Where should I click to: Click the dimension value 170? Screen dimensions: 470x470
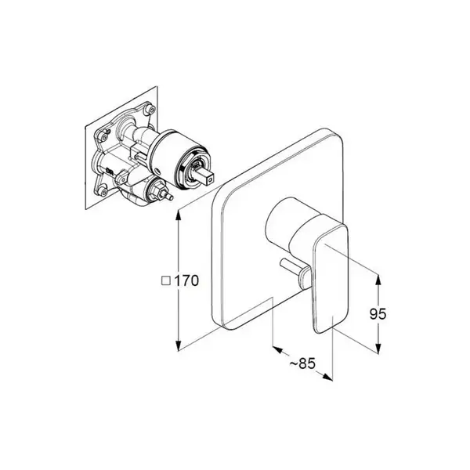pyautogui.click(x=186, y=281)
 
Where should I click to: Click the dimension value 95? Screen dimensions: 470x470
pyautogui.click(x=378, y=314)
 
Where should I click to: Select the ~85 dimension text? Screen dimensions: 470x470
pyautogui.click(x=302, y=363)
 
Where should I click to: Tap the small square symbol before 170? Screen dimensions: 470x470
pyautogui.click(x=166, y=281)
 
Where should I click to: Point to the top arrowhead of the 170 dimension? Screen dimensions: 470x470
pyautogui.click(x=179, y=215)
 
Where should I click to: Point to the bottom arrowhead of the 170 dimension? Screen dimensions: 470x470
pyautogui.click(x=179, y=344)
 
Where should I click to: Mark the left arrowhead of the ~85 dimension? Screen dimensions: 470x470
pyautogui.click(x=277, y=349)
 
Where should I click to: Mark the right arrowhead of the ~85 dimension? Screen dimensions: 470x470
pyautogui.click(x=327, y=377)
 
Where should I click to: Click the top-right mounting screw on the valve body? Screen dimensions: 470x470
pyautogui.click(x=149, y=110)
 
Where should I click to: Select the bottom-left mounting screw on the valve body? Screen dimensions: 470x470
pyautogui.click(x=103, y=192)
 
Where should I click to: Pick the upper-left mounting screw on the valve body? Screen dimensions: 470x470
pyautogui.click(x=104, y=136)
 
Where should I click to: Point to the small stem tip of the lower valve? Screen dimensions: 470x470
pyautogui.click(x=169, y=197)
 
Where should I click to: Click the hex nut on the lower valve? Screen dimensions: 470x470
pyautogui.click(x=157, y=190)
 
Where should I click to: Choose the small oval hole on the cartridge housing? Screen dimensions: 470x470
pyautogui.click(x=158, y=172)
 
